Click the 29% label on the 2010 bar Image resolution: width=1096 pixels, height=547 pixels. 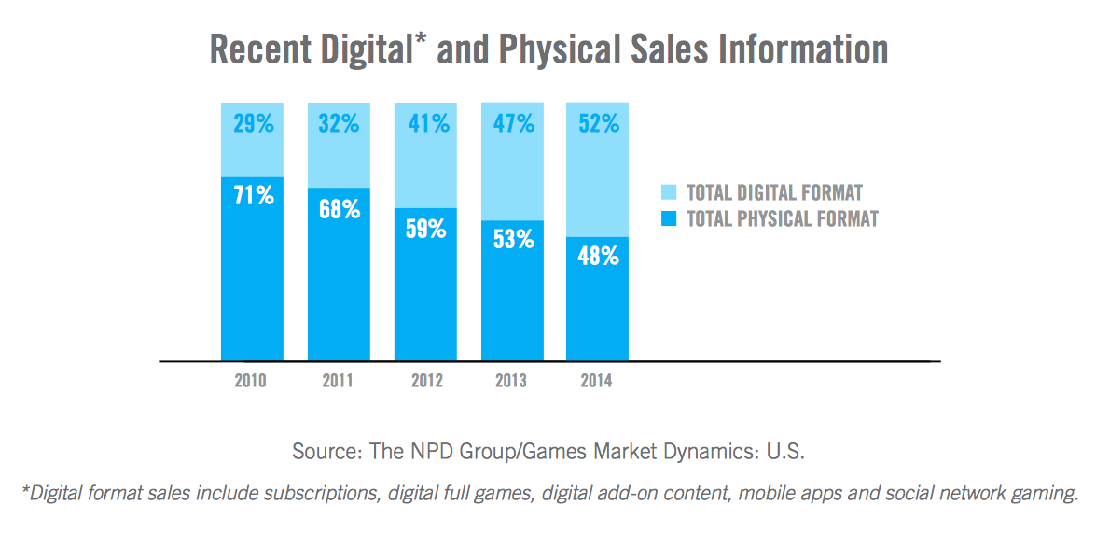[x=252, y=123]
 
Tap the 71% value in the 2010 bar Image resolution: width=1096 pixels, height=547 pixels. [x=252, y=196]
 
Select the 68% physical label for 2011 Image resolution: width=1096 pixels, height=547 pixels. [x=339, y=208]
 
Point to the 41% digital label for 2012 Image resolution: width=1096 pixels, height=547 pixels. [x=425, y=123]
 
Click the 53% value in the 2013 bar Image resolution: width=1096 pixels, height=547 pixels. [x=512, y=239]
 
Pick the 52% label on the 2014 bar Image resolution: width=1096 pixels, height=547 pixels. [x=598, y=123]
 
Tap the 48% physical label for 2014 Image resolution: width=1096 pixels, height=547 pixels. [x=598, y=256]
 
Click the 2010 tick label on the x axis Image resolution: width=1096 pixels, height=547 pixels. [x=251, y=381]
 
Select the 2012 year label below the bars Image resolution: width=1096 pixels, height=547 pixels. [x=425, y=381]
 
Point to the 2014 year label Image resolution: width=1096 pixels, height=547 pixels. [x=597, y=381]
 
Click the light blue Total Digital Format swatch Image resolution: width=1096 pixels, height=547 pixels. [x=669, y=193]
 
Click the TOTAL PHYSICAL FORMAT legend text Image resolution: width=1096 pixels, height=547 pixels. [x=783, y=220]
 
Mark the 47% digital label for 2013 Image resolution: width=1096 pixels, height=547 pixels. [x=512, y=123]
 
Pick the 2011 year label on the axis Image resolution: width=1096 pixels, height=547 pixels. [x=338, y=381]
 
